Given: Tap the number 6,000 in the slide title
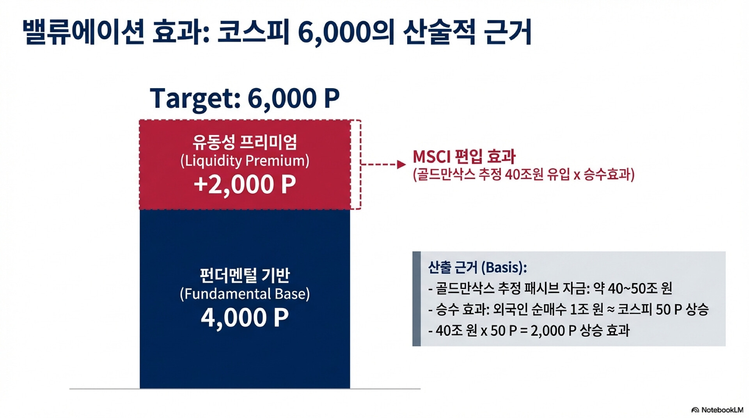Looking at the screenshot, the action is [x=334, y=32].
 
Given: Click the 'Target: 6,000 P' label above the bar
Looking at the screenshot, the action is [x=245, y=98].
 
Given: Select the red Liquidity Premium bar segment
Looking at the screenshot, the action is [x=245, y=165].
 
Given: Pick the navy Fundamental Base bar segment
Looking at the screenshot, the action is [x=245, y=299].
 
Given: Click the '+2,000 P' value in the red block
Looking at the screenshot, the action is [x=245, y=184].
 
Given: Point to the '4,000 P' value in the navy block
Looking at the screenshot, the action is [x=245, y=317].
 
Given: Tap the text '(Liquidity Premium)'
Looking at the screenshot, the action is [x=245, y=161].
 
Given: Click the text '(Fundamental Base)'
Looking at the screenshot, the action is [x=245, y=294].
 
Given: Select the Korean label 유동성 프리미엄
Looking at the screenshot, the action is [x=245, y=142].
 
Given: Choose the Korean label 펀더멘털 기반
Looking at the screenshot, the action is [x=245, y=275].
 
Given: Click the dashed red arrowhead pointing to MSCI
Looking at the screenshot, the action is [x=401, y=165].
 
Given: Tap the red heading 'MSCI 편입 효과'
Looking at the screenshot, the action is [x=464, y=157].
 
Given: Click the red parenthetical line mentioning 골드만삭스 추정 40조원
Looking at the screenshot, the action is [x=524, y=174].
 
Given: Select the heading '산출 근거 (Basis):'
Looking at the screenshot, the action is [x=478, y=267].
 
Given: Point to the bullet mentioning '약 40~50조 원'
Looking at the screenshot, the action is [x=550, y=289].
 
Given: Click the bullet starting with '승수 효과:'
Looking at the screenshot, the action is [x=568, y=310].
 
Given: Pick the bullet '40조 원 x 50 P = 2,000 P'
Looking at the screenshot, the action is [x=529, y=331].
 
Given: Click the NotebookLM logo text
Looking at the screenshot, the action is [x=717, y=410].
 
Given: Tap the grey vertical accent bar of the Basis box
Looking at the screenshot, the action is [x=417, y=299].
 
